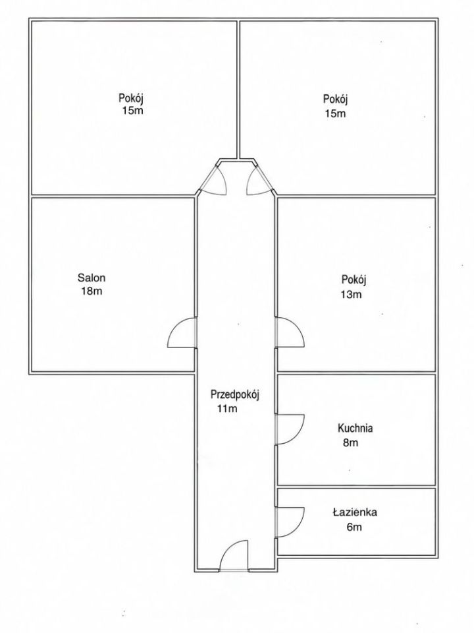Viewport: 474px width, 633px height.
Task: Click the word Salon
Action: click(x=92, y=278)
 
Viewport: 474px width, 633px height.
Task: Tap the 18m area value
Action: click(x=92, y=291)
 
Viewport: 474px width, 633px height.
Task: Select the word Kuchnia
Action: click(x=355, y=428)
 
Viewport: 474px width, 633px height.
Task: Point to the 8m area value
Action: click(x=351, y=443)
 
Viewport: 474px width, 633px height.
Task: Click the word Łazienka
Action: click(x=355, y=512)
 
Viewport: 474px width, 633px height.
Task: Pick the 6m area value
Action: click(x=354, y=527)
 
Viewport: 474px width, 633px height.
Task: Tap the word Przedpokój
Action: click(x=234, y=395)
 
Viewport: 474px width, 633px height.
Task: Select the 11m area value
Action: click(x=227, y=409)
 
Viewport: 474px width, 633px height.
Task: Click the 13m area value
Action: click(x=351, y=295)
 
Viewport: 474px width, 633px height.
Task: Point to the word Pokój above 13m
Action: click(x=354, y=280)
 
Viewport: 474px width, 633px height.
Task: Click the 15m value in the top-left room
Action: click(x=132, y=110)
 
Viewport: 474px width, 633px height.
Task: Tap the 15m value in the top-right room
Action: click(x=335, y=113)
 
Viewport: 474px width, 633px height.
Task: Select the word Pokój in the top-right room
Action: click(x=335, y=99)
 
